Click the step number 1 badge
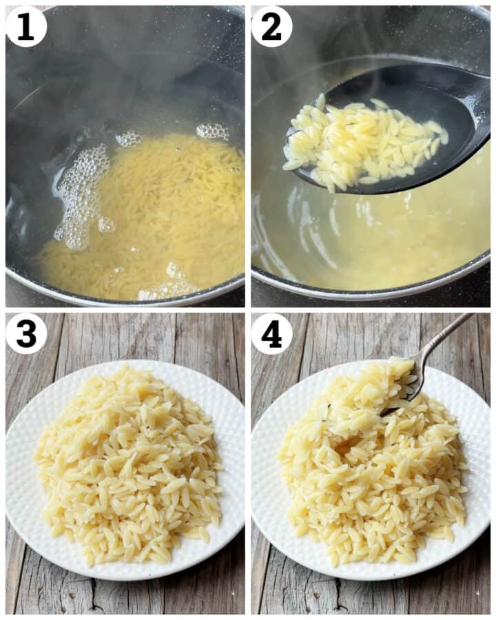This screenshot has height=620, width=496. point(26,26)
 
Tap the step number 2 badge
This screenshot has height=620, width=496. point(271,26)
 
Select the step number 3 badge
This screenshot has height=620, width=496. point(26,333)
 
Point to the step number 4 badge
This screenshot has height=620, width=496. point(271,333)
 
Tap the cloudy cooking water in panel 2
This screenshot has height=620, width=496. point(386,234)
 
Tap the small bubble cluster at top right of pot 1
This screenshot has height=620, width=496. point(212,131)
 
